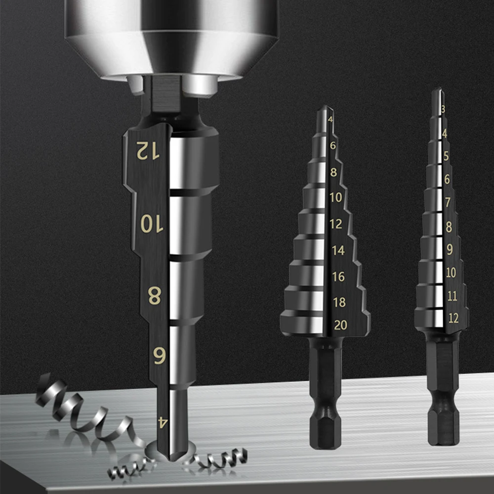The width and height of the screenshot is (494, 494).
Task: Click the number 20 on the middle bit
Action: (x=340, y=325)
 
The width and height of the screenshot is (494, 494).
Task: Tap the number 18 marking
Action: (x=339, y=302)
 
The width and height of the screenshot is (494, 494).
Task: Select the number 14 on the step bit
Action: (x=338, y=250)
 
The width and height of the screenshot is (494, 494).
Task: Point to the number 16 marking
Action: (x=338, y=277)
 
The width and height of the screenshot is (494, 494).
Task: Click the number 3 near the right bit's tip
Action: (x=443, y=109)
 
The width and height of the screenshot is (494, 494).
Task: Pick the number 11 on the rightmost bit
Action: (x=452, y=296)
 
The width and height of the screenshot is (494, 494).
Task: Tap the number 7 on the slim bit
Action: (x=448, y=202)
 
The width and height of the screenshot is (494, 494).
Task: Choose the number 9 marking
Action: (x=450, y=249)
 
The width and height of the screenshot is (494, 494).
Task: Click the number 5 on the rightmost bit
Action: (x=446, y=156)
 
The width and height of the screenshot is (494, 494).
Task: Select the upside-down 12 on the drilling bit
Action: (x=148, y=150)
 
